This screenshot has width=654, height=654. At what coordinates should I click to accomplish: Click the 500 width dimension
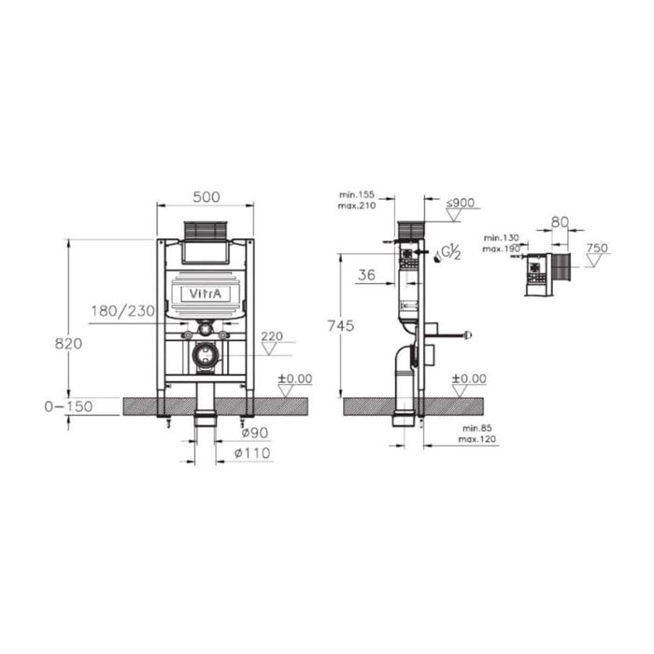click(206, 196)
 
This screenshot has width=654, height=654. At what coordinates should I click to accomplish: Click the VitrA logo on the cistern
click(206, 294)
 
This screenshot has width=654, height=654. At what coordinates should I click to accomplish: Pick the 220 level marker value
click(271, 336)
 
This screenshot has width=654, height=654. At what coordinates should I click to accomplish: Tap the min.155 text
click(359, 194)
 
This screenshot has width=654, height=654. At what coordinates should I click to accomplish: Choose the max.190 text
click(499, 249)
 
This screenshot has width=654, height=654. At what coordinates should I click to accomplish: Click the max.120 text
click(476, 439)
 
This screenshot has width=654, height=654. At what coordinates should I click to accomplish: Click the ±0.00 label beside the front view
click(294, 378)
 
